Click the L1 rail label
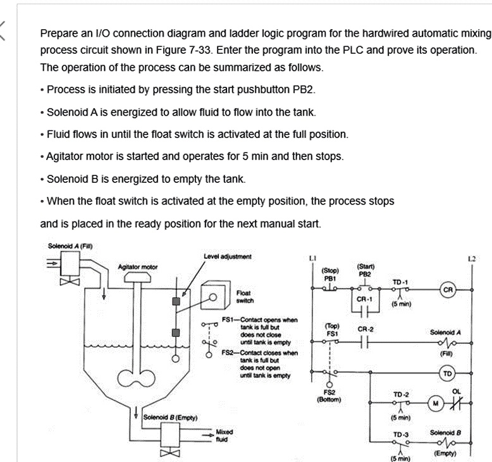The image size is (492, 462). coord(311,257)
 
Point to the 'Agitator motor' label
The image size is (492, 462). coord(137,268)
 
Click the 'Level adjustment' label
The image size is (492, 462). coord(228,256)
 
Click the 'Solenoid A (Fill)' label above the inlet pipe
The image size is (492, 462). coord(71,246)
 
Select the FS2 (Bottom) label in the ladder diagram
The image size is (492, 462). coord(329,397)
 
